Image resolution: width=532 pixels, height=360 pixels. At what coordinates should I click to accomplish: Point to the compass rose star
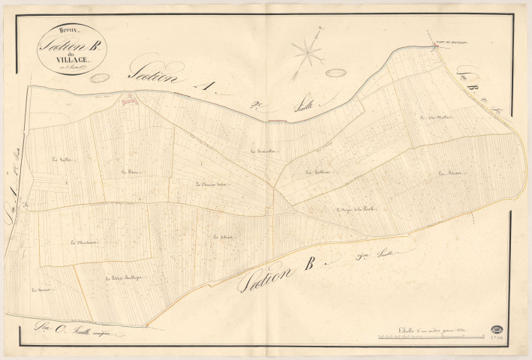(x=306, y=52)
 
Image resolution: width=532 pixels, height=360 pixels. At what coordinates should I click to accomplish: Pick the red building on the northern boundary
(x=128, y=96)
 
